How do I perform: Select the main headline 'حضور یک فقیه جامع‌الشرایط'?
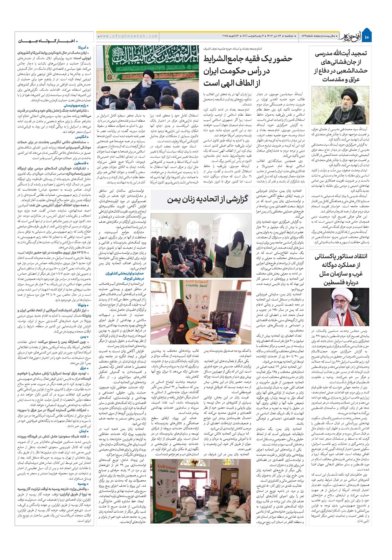click(248, 59)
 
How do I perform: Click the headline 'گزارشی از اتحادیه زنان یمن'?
click(208, 200)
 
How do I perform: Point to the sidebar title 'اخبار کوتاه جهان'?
click(55, 40)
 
